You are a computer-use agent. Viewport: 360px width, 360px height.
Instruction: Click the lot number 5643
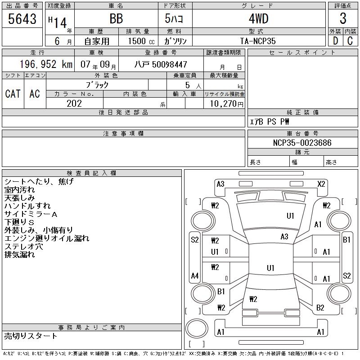pos(22,18)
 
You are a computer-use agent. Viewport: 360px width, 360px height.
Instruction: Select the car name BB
pos(116,18)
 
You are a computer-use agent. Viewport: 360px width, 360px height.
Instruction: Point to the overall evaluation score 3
pos(343,18)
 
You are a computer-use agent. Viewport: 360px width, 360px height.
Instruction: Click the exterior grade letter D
pos(335,41)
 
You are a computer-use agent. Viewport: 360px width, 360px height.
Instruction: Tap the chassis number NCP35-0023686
pos(302,143)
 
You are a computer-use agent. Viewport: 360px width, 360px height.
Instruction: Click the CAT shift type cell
pos(13,94)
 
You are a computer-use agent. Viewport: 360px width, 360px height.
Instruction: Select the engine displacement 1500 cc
pos(139,41)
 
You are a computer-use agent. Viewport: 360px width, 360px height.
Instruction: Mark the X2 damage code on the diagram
pos(321,184)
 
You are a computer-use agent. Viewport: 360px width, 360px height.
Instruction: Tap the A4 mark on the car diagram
pos(194,275)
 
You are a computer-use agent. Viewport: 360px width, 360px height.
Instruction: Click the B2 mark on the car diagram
pos(320,308)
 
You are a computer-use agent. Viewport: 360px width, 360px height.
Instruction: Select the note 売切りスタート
pos(31,336)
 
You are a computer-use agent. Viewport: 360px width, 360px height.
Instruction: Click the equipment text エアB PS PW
pos(270,121)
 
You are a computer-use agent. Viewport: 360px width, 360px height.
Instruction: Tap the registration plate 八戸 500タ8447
pos(161,64)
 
